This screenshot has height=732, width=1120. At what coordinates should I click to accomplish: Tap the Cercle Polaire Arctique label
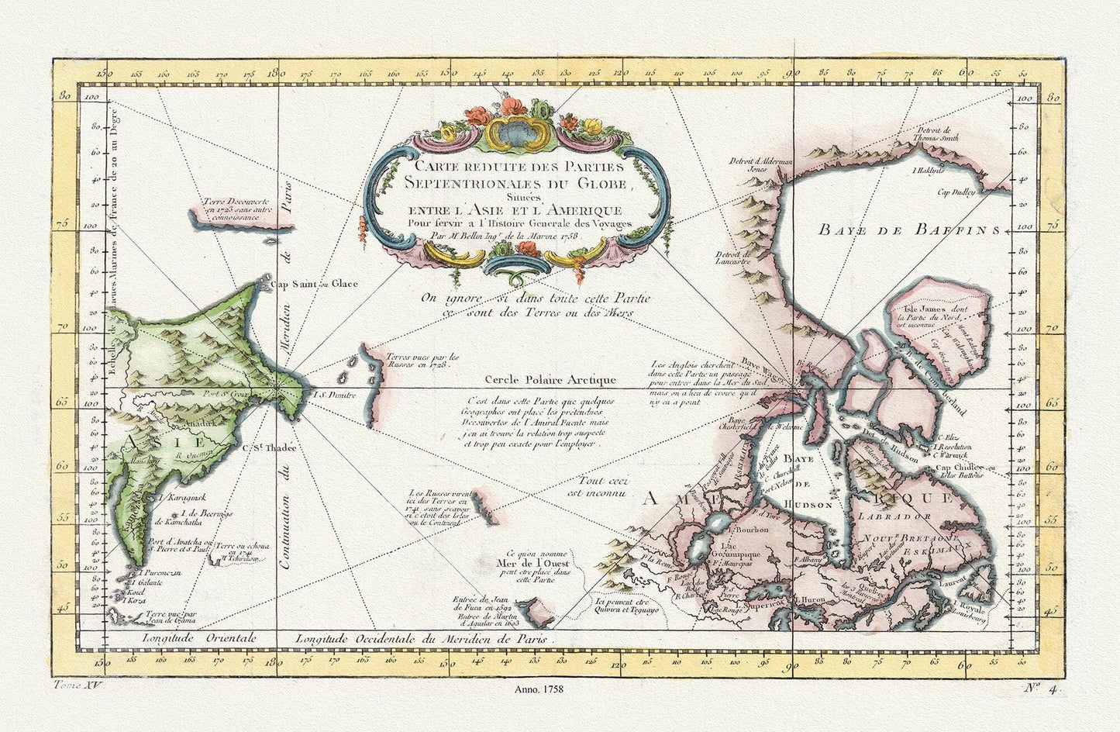point(550,380)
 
